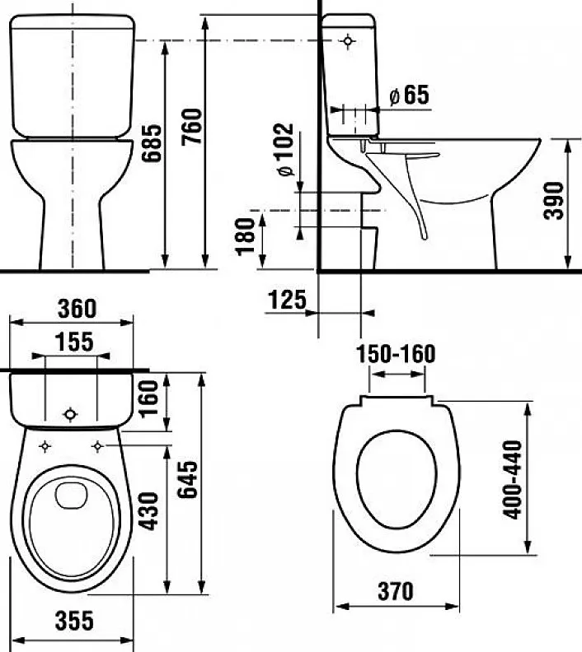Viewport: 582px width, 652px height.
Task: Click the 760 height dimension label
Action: [192, 127]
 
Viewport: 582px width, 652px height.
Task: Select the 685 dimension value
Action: [151, 142]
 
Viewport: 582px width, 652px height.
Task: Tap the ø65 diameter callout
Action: [409, 95]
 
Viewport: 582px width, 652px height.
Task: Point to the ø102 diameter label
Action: [284, 149]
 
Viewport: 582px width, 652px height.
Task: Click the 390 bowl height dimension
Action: [554, 200]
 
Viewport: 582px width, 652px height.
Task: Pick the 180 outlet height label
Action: [245, 236]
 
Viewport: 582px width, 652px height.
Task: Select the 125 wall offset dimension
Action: [287, 300]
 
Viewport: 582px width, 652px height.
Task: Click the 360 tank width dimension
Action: [77, 308]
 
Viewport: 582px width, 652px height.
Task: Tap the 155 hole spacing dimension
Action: [74, 342]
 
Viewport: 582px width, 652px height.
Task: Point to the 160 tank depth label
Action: [148, 398]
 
